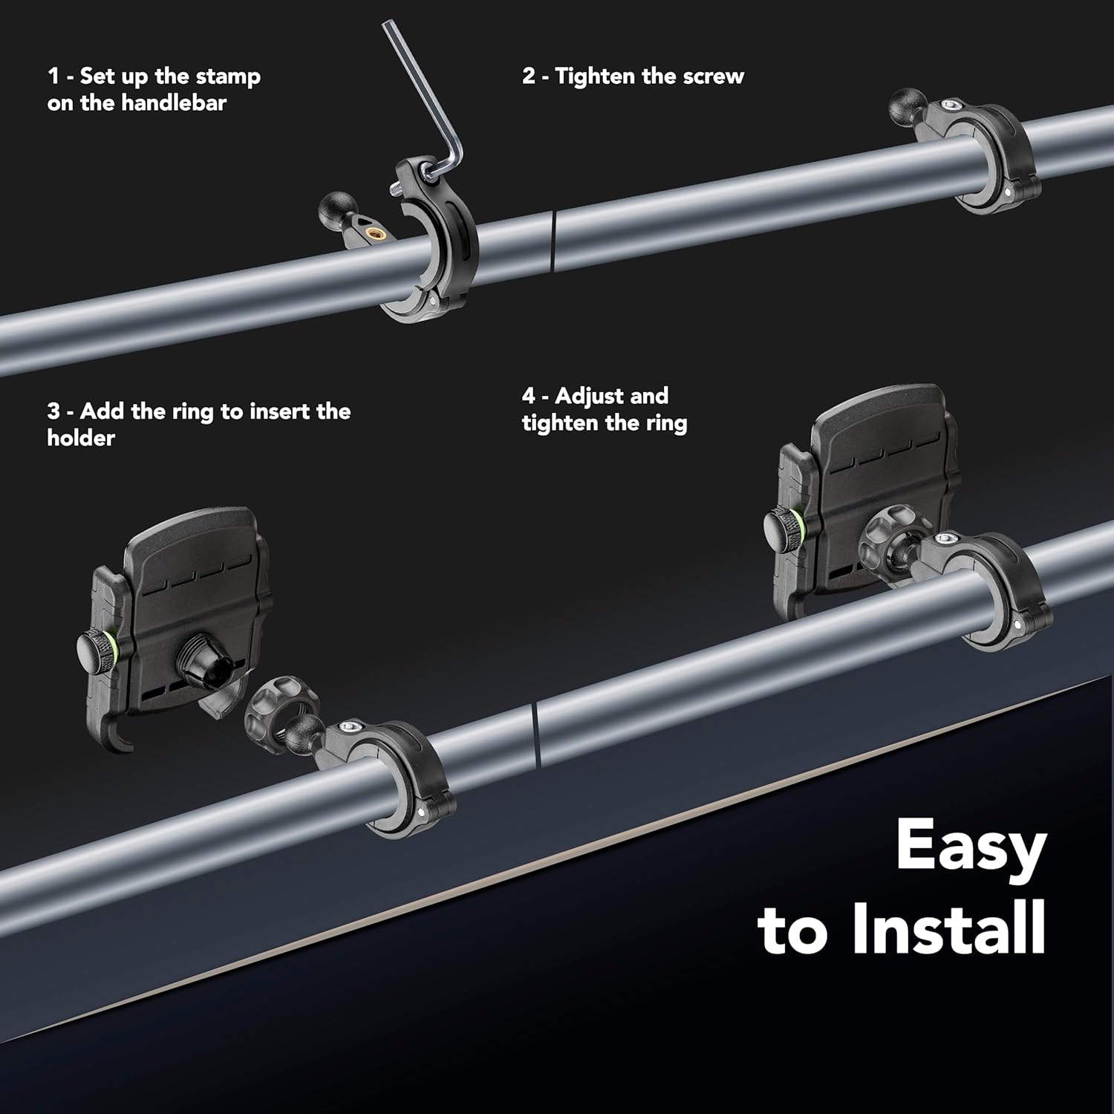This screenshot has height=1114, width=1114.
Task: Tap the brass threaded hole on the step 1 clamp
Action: click(x=373, y=235)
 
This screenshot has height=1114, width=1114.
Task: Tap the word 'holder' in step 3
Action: click(x=81, y=437)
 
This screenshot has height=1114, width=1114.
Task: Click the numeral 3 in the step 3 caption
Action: click(x=53, y=411)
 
